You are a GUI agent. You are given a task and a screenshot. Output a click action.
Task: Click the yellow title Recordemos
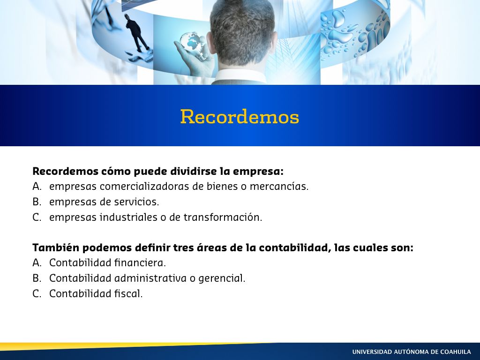tap(240, 117)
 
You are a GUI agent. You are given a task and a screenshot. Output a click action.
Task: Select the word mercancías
tap(279, 186)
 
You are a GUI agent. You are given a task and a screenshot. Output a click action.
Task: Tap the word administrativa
tap(150, 278)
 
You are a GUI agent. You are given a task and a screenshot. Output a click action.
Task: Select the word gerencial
tap(222, 278)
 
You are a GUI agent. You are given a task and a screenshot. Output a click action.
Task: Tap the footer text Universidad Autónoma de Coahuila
tap(412, 352)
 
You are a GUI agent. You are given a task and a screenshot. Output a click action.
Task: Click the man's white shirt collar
tap(241, 76)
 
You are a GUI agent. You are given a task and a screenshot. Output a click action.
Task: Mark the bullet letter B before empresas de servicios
tap(37, 202)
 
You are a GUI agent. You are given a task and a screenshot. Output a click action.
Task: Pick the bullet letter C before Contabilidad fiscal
tap(37, 293)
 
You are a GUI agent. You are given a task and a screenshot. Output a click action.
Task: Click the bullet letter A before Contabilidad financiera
tap(37, 262)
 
